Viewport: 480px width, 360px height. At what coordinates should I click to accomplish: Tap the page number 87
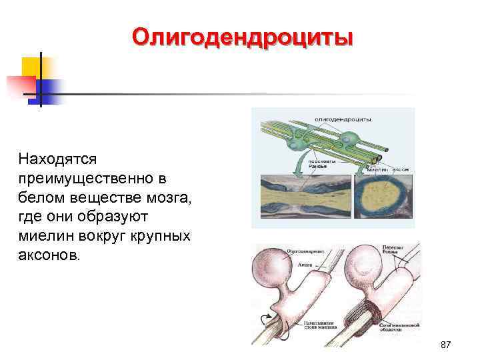pos(446,345)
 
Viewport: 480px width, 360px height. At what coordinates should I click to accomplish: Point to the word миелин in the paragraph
pos(45,237)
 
